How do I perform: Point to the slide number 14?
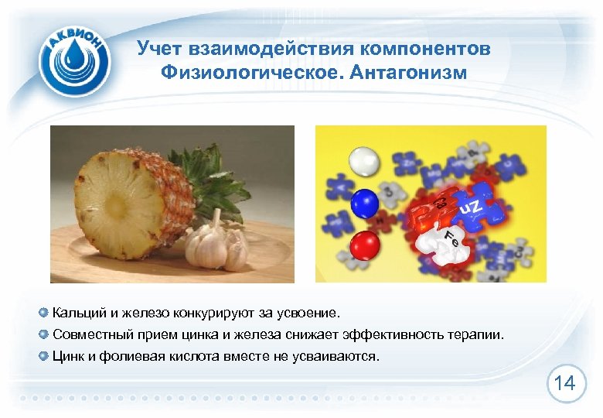click(564, 382)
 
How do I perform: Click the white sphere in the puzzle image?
click(363, 163)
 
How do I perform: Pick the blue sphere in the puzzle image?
click(364, 204)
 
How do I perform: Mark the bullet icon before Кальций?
click(43, 313)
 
